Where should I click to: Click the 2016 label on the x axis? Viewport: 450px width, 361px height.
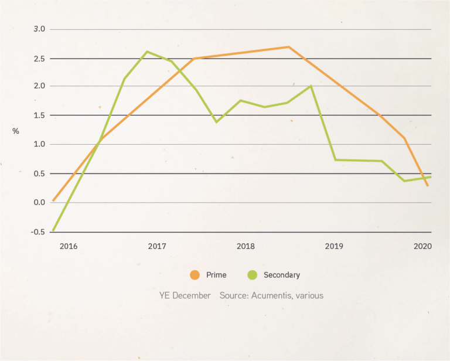tap(68, 246)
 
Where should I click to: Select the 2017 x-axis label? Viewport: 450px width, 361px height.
tap(156, 246)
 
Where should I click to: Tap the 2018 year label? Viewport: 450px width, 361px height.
tap(245, 246)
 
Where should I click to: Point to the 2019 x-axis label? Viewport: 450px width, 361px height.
tap(334, 246)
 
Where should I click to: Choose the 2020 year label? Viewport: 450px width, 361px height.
tap(422, 246)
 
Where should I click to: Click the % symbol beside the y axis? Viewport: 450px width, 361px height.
tap(16, 131)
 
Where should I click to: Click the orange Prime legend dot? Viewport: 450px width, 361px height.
tap(195, 274)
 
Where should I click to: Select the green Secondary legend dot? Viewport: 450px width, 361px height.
tap(253, 274)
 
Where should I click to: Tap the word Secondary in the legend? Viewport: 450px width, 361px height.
tap(281, 275)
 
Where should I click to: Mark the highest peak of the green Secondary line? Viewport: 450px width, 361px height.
tap(146, 52)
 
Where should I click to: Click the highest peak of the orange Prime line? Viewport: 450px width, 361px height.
tap(288, 47)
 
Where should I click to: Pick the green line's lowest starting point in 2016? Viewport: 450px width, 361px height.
tap(53, 230)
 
